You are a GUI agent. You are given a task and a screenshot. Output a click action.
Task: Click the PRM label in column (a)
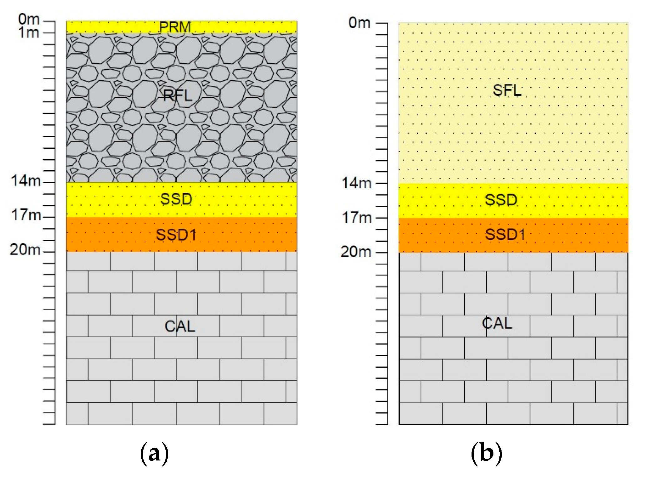click(x=175, y=27)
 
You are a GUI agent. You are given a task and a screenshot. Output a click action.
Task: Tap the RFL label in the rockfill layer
click(x=178, y=95)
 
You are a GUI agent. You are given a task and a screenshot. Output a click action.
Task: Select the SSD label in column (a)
click(x=176, y=199)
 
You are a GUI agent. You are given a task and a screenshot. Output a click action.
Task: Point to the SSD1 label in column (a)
click(x=176, y=235)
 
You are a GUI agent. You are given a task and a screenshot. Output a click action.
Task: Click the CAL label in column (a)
click(x=180, y=326)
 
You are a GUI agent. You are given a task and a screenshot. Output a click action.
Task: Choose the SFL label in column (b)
click(x=507, y=90)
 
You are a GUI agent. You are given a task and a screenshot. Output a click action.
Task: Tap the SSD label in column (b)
click(x=501, y=200)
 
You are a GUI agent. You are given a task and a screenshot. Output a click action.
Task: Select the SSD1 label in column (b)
click(x=505, y=234)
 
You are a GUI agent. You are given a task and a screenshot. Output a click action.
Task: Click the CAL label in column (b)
click(x=497, y=323)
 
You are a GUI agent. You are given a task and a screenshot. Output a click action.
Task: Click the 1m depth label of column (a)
click(x=29, y=32)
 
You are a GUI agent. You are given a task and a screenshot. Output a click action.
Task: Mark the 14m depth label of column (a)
click(x=26, y=181)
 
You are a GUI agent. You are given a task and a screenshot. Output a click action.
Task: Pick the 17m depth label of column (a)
click(x=26, y=215)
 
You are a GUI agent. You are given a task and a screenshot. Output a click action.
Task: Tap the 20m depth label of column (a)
click(x=25, y=250)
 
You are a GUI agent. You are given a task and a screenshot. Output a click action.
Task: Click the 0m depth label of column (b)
click(x=359, y=23)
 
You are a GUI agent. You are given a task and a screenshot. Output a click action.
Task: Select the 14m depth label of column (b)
click(x=356, y=183)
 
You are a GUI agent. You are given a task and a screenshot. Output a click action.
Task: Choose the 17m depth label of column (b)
click(x=356, y=217)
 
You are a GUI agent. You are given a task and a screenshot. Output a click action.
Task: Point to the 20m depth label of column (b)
click(x=356, y=252)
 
